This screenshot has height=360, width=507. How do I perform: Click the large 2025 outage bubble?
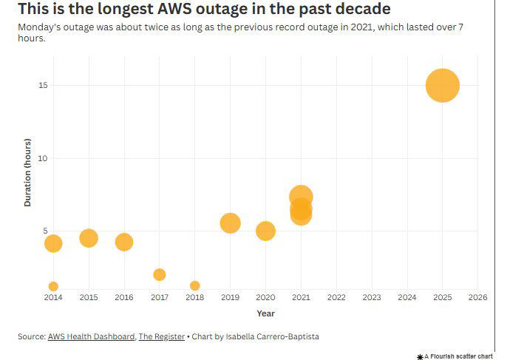tap(442, 85)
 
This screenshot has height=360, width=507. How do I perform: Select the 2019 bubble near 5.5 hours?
tap(230, 223)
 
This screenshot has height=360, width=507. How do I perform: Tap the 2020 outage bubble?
tap(265, 231)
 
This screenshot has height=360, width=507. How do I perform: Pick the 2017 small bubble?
tap(159, 274)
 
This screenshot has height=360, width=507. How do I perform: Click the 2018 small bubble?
tap(194, 285)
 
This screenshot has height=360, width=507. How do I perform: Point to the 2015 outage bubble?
tap(89, 237)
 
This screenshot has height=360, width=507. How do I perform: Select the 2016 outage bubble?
tap(124, 242)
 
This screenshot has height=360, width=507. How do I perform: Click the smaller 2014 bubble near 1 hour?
tap(53, 286)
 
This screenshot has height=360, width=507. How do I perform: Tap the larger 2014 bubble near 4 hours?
tap(53, 243)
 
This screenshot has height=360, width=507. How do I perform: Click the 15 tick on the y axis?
tap(43, 85)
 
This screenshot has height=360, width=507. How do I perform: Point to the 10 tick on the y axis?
tap(43, 158)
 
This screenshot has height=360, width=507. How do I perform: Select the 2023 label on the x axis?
tap(371, 297)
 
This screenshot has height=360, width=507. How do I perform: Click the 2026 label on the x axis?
tap(477, 297)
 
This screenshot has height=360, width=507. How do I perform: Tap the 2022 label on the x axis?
tap(336, 297)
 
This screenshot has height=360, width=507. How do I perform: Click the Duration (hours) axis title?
tap(27, 171)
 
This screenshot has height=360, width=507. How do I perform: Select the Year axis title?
tap(265, 313)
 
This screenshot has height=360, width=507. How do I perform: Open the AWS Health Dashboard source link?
tap(91, 336)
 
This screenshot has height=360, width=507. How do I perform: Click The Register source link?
tap(162, 336)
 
